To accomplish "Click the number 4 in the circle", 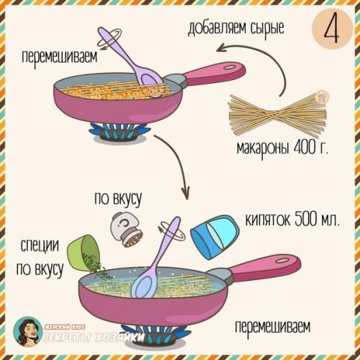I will [x=328, y=32].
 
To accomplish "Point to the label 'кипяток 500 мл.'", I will [x=292, y=219].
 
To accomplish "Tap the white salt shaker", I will [x=128, y=230].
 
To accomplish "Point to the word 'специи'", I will [x=40, y=245].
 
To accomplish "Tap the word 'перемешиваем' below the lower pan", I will [x=272, y=328].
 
